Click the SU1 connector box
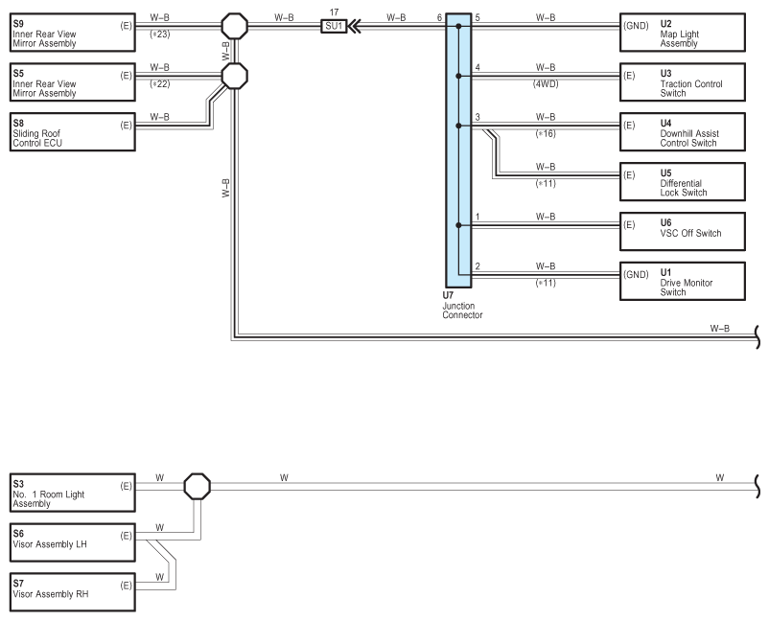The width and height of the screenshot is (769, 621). pyautogui.click(x=334, y=26)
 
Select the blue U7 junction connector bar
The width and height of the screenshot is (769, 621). pyautogui.click(x=458, y=150)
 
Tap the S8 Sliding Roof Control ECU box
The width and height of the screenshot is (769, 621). pyautogui.click(x=73, y=132)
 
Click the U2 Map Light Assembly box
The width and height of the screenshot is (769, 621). pyautogui.click(x=683, y=33)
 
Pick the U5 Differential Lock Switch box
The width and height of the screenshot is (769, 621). pyautogui.click(x=683, y=182)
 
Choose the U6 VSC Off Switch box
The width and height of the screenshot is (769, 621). pyautogui.click(x=683, y=231)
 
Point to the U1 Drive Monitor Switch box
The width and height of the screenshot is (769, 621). pyautogui.click(x=683, y=282)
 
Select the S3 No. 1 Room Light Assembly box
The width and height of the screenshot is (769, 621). pyautogui.click(x=73, y=493)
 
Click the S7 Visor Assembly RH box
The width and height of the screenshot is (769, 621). pyautogui.click(x=73, y=592)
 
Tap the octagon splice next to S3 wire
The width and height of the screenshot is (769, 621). pyautogui.click(x=198, y=486)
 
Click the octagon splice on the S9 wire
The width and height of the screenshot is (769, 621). pyautogui.click(x=234, y=26)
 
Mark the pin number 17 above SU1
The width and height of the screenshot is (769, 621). pyautogui.click(x=334, y=12)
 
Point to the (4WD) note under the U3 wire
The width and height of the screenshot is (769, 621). pyautogui.click(x=546, y=83)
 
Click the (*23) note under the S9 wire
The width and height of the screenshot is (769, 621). pyautogui.click(x=160, y=34)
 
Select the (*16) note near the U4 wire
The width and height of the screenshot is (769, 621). pyautogui.click(x=546, y=134)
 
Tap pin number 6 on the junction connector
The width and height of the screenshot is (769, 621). pyautogui.click(x=439, y=17)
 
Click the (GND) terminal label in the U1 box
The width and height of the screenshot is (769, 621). pyautogui.click(x=636, y=274)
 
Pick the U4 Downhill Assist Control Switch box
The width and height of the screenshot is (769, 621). pyautogui.click(x=683, y=132)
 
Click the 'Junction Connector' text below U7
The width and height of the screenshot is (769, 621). pyautogui.click(x=462, y=310)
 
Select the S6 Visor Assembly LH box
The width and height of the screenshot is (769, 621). pyautogui.click(x=73, y=542)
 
